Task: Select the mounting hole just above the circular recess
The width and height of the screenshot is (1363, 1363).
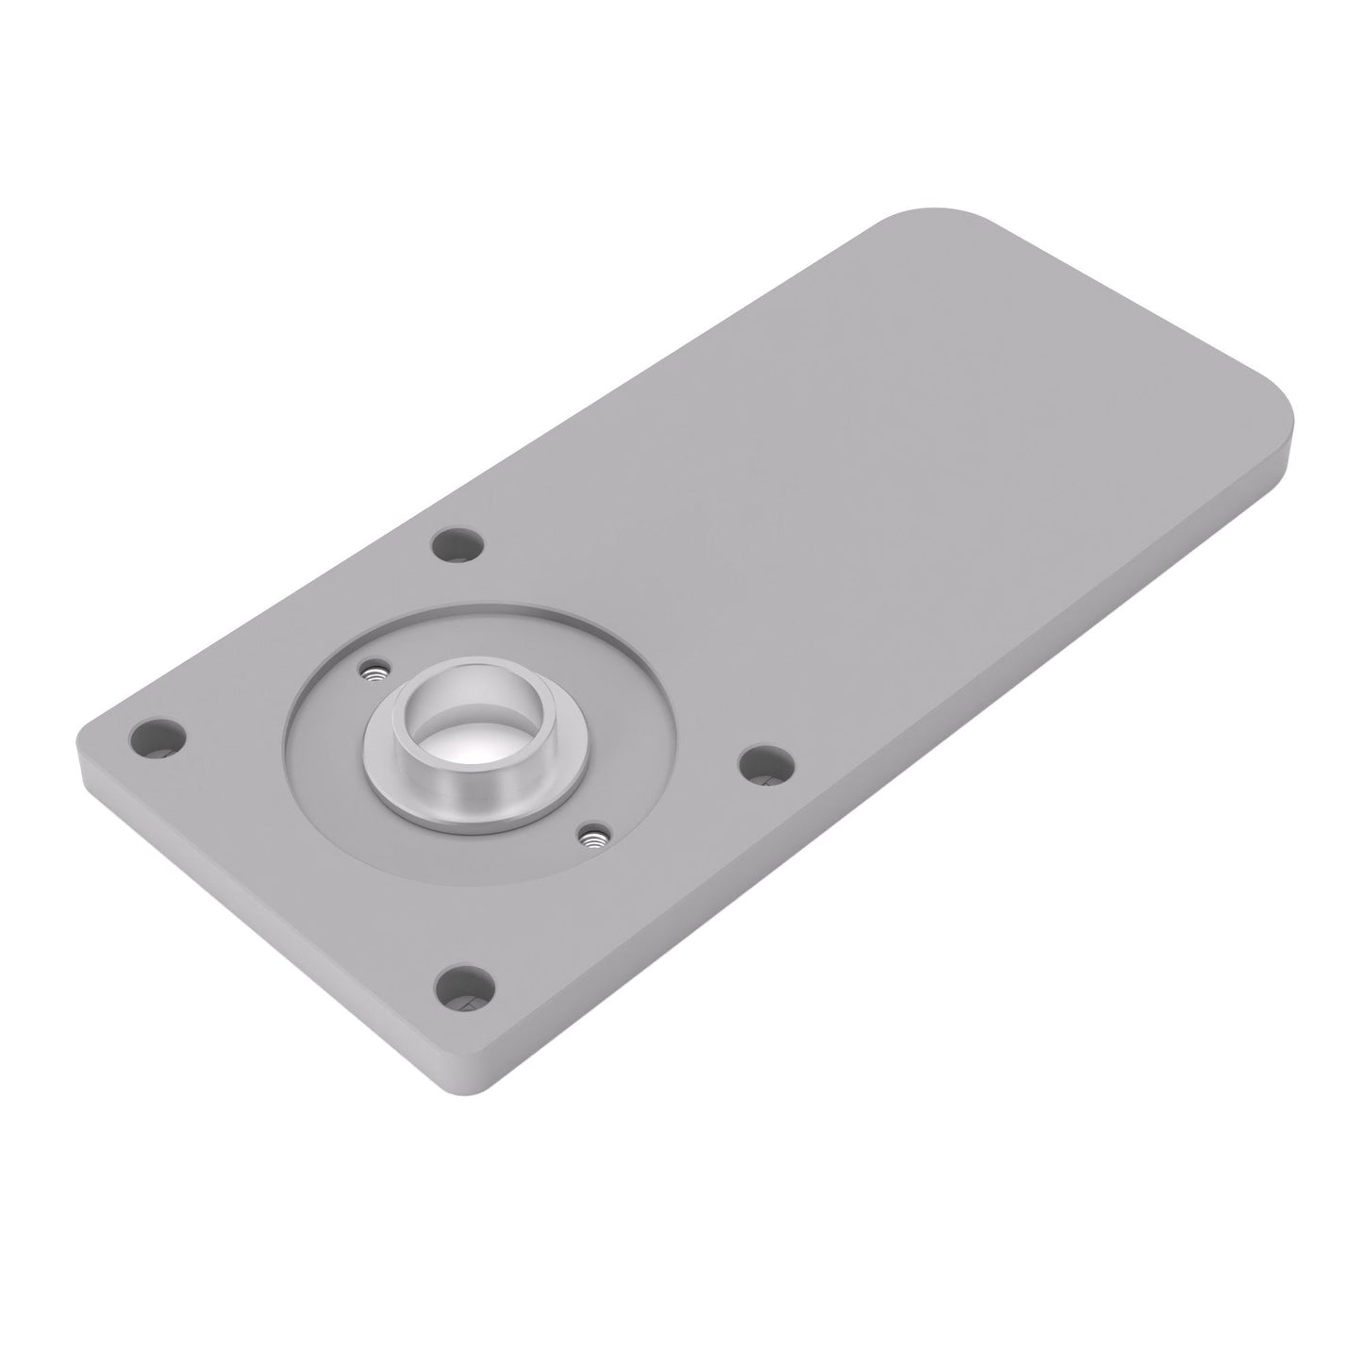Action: (x=457, y=544)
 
